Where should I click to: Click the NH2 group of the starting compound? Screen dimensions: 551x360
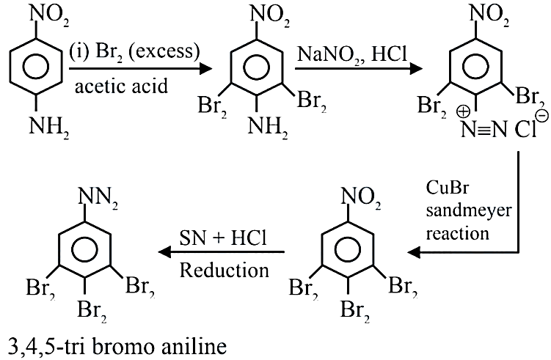point(49,127)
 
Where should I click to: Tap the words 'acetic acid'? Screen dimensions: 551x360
point(121,86)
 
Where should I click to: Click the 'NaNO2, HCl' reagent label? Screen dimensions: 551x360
point(351,55)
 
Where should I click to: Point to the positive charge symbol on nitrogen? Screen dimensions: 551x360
point(463,112)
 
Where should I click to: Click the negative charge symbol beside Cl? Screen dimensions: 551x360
point(543,116)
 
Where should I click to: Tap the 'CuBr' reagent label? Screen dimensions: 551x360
point(448,188)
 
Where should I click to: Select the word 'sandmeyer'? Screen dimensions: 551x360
point(469,210)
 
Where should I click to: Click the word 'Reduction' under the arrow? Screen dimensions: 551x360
point(225,271)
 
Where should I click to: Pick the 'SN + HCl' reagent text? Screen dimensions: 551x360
point(223,238)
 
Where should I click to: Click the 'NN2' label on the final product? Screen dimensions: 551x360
point(98,197)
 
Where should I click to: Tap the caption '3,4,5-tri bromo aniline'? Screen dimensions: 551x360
point(117,346)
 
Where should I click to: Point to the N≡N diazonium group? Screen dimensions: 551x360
point(484,129)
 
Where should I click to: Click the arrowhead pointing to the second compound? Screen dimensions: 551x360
point(205,68)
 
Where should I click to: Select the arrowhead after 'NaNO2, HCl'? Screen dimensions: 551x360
point(415,68)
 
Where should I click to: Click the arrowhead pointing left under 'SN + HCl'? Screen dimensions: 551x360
point(165,251)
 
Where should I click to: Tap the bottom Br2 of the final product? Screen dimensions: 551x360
point(92,310)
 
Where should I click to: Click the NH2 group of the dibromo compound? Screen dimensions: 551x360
point(268,127)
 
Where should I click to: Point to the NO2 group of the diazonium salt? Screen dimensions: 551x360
point(489,15)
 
